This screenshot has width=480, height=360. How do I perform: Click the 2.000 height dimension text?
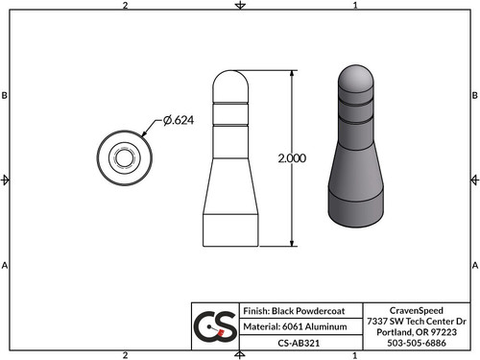290,158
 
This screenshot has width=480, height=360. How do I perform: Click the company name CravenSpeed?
418,310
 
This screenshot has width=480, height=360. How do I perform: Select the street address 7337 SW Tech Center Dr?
418,320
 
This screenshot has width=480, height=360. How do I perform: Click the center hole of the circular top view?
125,156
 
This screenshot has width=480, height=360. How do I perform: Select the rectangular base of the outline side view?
232,228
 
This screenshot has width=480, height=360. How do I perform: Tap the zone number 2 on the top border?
126,6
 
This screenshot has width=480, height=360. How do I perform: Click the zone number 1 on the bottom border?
355,354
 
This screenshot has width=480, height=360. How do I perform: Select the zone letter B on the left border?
6,96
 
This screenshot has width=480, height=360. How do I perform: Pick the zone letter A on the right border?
474,265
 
